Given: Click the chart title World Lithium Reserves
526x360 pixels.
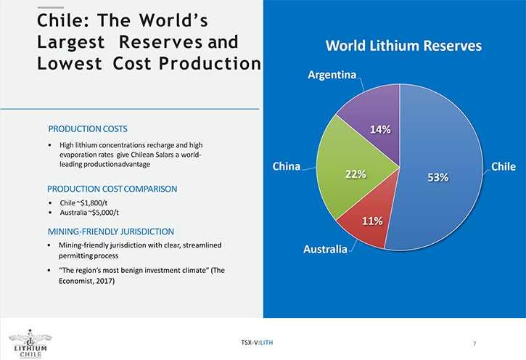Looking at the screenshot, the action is [x=403, y=46].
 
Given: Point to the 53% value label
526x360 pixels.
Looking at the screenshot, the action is [x=437, y=177].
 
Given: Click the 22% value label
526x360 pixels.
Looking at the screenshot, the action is [x=356, y=174].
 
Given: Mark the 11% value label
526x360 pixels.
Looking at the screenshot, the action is [x=372, y=221].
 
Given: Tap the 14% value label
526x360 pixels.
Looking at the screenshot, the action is [x=380, y=129].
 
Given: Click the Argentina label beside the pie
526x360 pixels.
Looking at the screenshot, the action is [x=332, y=75].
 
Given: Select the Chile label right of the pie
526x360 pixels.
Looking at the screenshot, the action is [x=504, y=166].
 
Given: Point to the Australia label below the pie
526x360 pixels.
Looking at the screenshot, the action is [x=326, y=249].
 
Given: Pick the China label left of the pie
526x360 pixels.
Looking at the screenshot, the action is [x=287, y=166].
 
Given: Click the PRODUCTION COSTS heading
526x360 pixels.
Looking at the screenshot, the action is [x=88, y=129].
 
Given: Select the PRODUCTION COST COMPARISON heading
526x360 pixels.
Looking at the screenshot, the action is [x=112, y=189].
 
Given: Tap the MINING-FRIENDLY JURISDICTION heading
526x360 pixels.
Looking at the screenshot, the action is [x=111, y=232].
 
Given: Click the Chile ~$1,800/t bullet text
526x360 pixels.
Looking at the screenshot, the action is [x=83, y=203].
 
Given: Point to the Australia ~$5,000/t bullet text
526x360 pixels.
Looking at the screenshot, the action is [x=89, y=213].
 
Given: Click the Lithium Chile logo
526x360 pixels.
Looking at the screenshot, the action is [x=30, y=343].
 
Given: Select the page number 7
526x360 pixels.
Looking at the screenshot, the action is [x=474, y=343].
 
